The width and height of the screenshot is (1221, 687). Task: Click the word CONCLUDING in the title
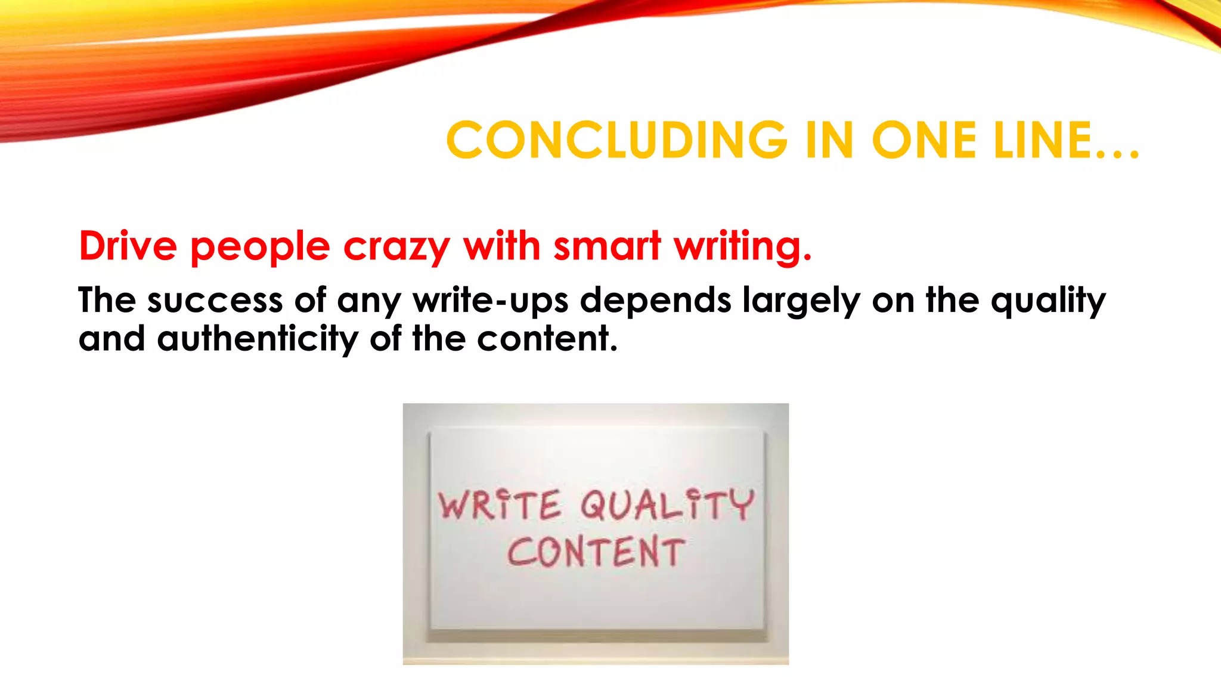click(617, 141)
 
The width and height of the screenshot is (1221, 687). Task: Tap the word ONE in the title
click(924, 141)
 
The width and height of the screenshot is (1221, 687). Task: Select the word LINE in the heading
click(1043, 141)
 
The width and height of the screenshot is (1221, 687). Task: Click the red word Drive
click(128, 246)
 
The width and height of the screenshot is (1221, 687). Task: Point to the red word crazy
click(396, 247)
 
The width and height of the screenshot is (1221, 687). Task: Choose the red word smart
click(607, 246)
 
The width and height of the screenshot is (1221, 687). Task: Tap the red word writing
click(742, 247)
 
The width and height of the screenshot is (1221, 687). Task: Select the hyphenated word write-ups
click(491, 301)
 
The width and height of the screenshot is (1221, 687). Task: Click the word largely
click(801, 301)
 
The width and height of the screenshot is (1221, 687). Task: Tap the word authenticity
click(258, 339)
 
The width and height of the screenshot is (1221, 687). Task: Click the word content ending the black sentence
click(547, 339)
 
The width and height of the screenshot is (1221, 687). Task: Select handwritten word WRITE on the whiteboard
click(500, 506)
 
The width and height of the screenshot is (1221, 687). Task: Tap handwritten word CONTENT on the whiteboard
click(596, 552)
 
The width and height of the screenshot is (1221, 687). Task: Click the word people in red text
click(260, 247)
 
